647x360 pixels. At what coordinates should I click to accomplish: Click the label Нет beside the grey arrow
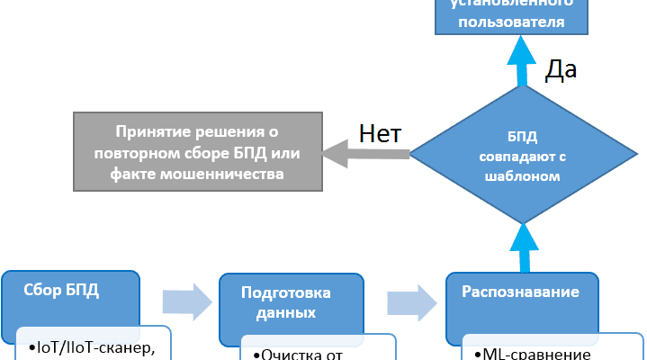point(380,133)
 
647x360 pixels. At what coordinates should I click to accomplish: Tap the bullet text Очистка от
point(298,354)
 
